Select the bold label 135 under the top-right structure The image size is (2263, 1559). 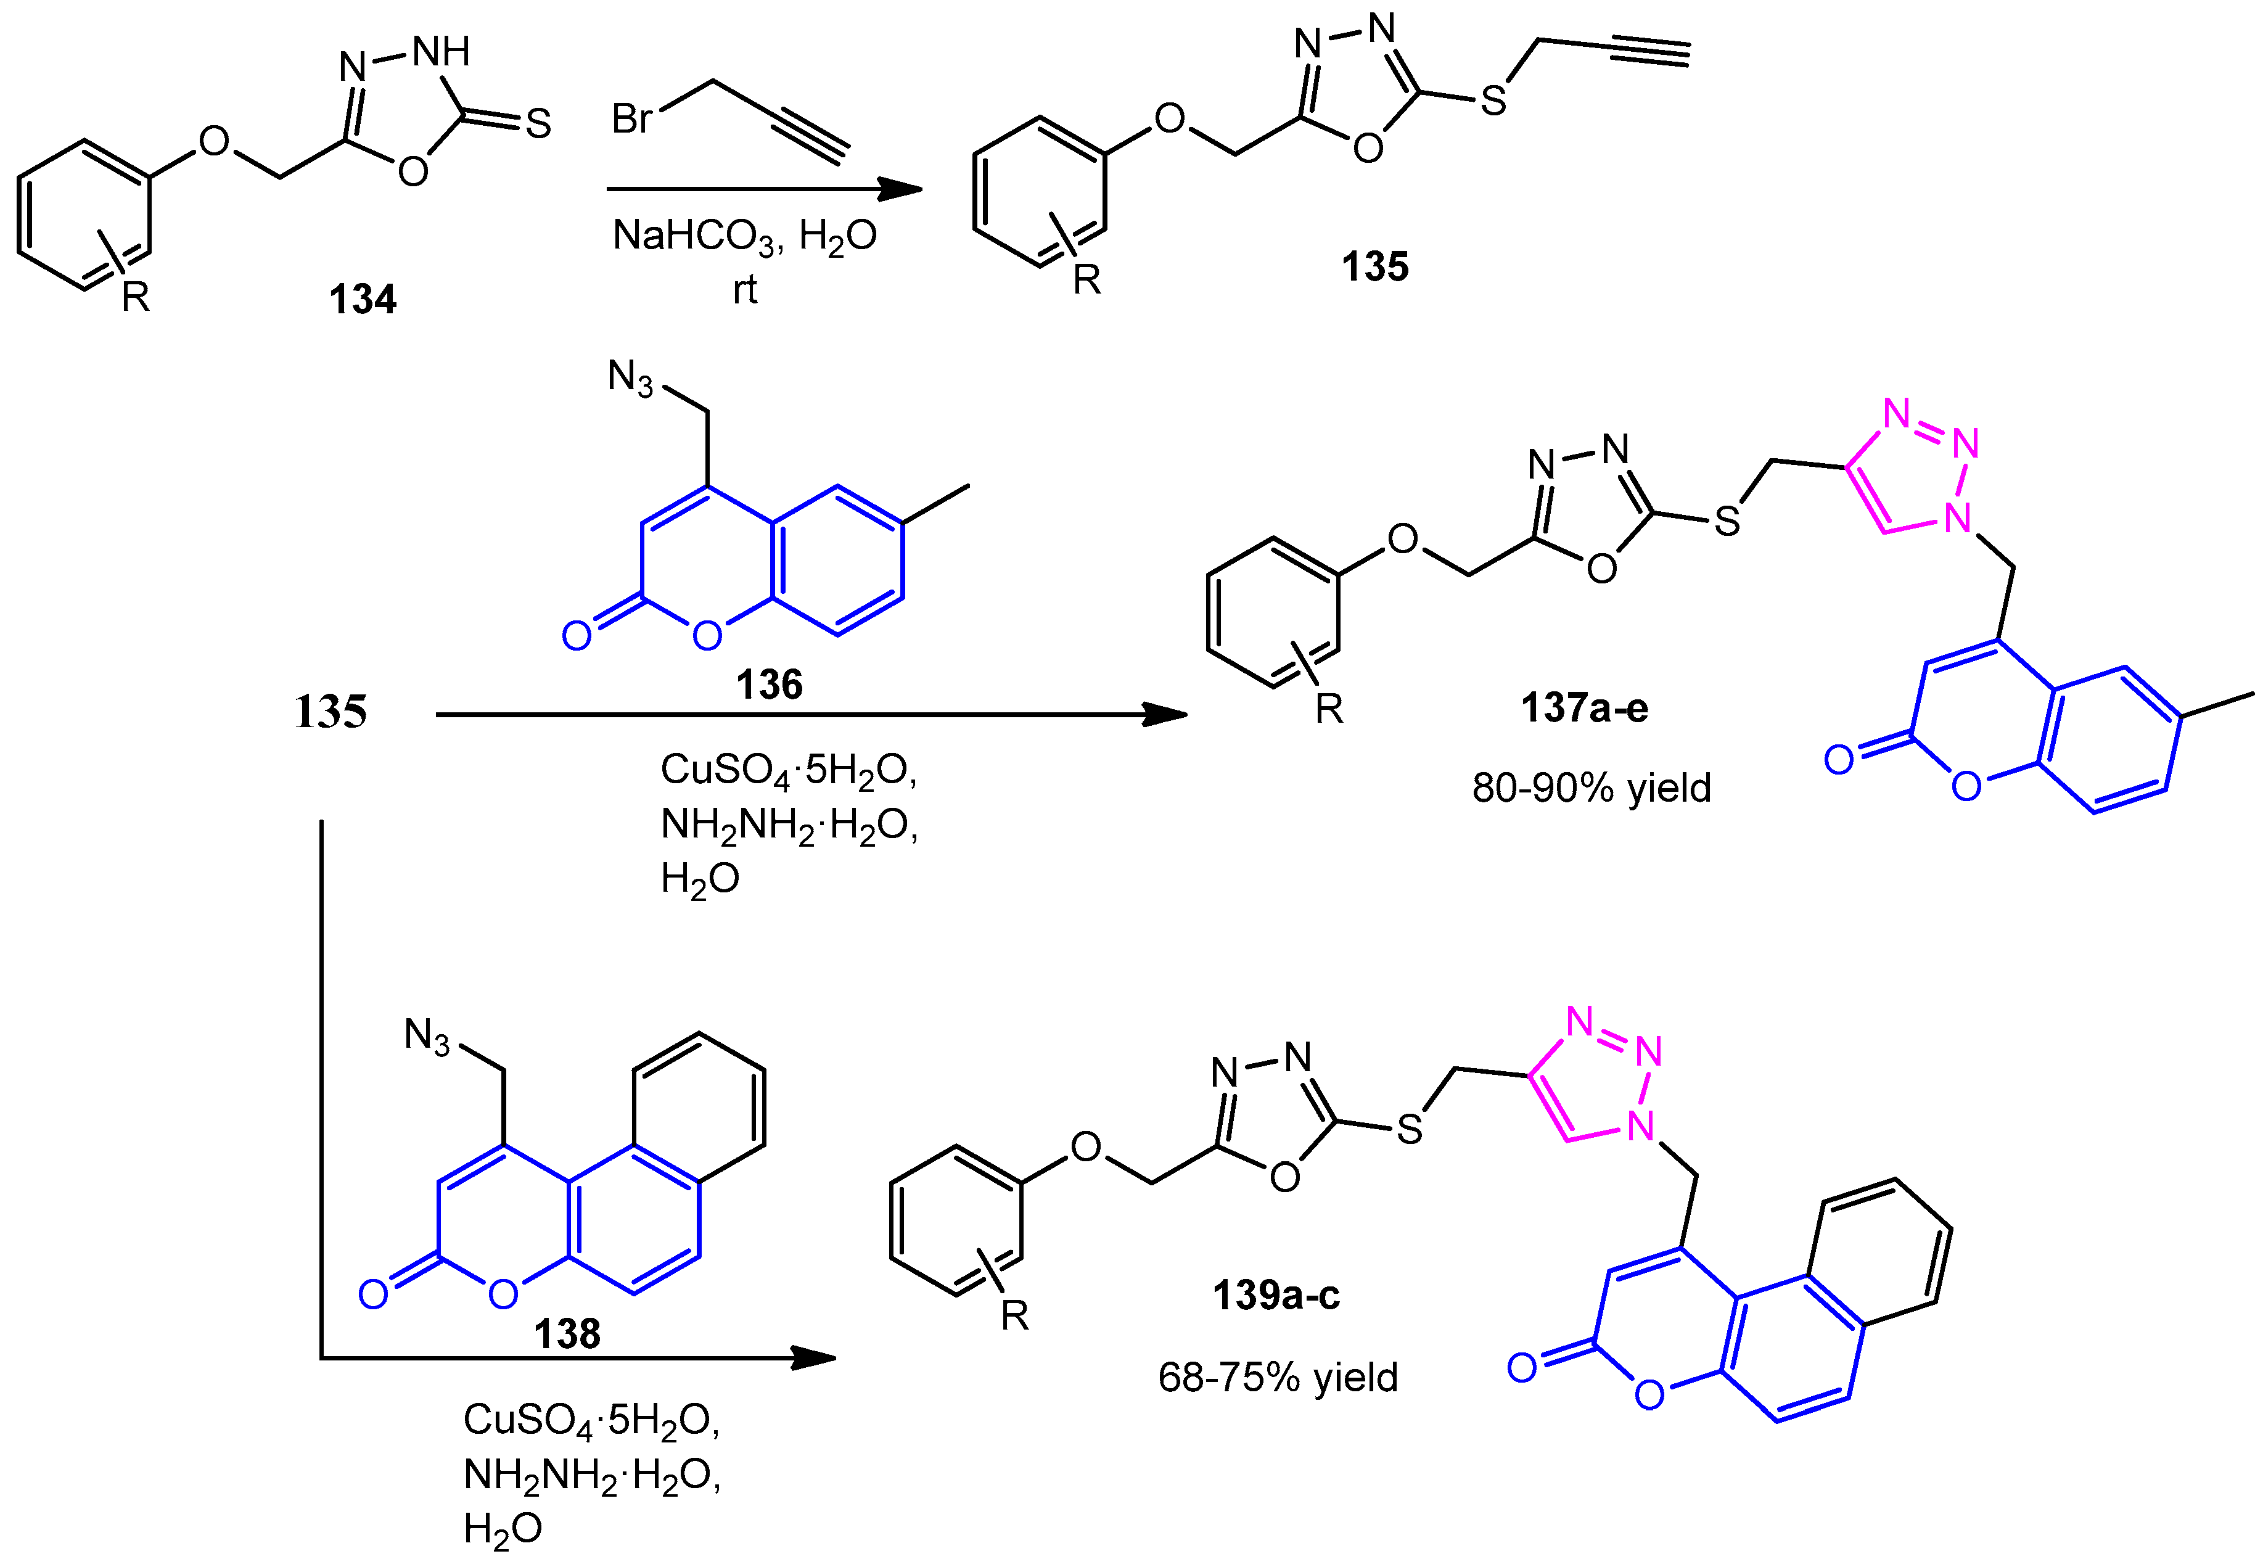point(1374,266)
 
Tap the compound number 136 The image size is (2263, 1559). point(769,685)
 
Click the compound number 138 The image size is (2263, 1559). point(567,1333)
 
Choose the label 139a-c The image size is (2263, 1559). point(1276,1295)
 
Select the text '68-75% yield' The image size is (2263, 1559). point(1278,1377)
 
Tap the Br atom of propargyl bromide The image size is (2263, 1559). point(632,119)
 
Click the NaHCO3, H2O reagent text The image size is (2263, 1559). point(744,236)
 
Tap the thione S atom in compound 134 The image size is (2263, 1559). point(538,124)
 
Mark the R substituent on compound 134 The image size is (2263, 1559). point(135,296)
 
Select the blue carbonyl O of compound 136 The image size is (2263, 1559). point(577,636)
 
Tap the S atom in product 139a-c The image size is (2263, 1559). point(1410,1130)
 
